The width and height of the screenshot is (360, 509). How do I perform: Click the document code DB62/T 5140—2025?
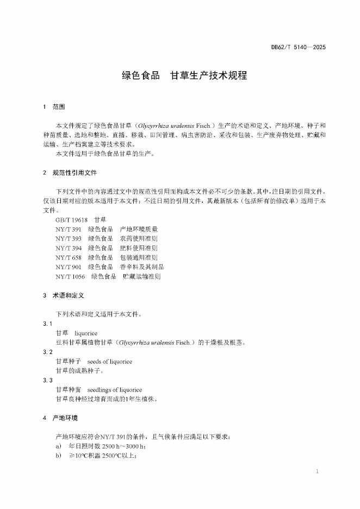(299, 48)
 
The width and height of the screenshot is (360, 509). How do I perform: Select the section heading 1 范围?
(55, 107)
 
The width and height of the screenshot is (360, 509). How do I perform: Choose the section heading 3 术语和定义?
(63, 295)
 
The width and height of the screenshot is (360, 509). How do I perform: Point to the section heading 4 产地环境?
(60, 418)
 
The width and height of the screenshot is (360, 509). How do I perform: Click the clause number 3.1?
(47, 324)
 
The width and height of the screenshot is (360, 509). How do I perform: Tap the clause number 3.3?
(47, 380)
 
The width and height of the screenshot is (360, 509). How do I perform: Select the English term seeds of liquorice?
(109, 361)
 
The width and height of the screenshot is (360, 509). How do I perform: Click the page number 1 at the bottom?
(317, 471)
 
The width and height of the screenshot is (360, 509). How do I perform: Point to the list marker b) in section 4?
(58, 455)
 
